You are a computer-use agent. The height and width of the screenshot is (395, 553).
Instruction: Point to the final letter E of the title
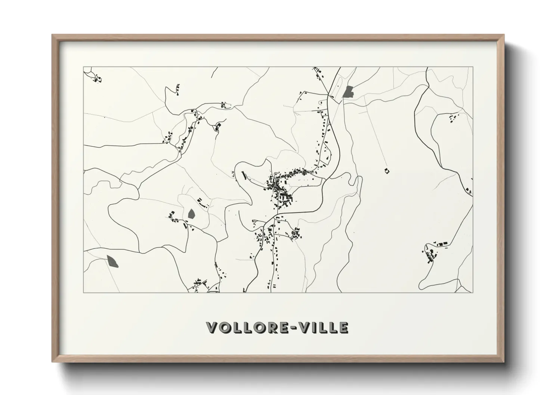(x=343, y=327)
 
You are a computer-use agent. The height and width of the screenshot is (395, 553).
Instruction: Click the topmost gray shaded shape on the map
(x=349, y=92)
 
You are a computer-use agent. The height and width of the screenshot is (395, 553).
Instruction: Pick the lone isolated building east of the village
(x=386, y=171)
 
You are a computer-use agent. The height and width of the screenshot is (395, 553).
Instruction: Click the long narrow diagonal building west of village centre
(x=244, y=175)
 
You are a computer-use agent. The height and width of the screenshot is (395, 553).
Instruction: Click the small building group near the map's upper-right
(x=453, y=118)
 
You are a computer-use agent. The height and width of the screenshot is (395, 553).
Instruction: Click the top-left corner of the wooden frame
(x=52, y=35)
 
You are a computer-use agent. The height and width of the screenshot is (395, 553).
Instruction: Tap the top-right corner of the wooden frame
(x=504, y=35)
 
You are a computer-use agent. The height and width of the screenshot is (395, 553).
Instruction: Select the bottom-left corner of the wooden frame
(x=52, y=361)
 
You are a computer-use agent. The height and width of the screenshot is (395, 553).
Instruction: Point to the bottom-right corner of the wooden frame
(x=504, y=361)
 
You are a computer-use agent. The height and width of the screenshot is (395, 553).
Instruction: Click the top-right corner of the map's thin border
(x=473, y=67)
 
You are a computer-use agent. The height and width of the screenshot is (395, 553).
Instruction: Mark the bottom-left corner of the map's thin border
(x=84, y=292)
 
